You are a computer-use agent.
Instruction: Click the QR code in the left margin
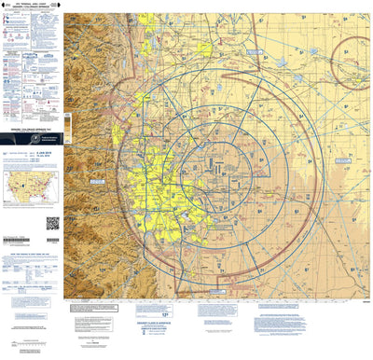52,223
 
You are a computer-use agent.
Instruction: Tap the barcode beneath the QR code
52,237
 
